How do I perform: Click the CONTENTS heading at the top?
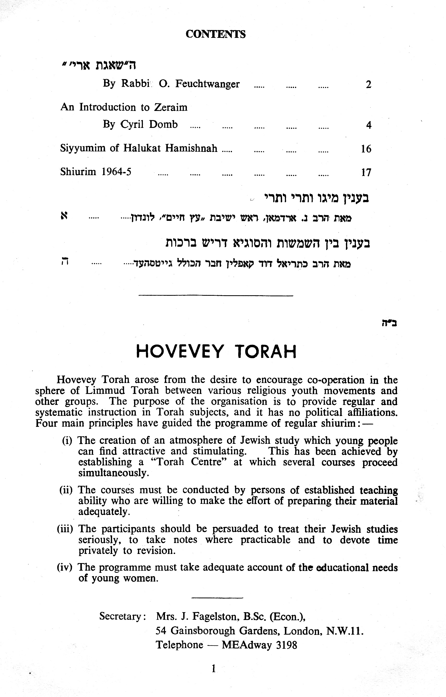tap(216, 34)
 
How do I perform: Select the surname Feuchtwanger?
tap(207, 84)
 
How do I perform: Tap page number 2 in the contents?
tap(368, 85)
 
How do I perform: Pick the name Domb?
tap(163, 125)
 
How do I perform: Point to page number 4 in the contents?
tap(368, 125)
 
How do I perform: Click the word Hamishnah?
tap(191, 149)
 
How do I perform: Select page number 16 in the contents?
tap(366, 149)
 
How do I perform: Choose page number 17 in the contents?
tap(366, 173)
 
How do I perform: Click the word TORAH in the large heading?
tap(266, 352)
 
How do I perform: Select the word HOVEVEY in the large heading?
tap(180, 352)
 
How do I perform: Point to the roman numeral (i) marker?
tap(67, 441)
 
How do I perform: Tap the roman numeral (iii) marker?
tap(65, 529)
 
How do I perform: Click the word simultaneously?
tap(114, 473)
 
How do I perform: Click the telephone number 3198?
tap(287, 645)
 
